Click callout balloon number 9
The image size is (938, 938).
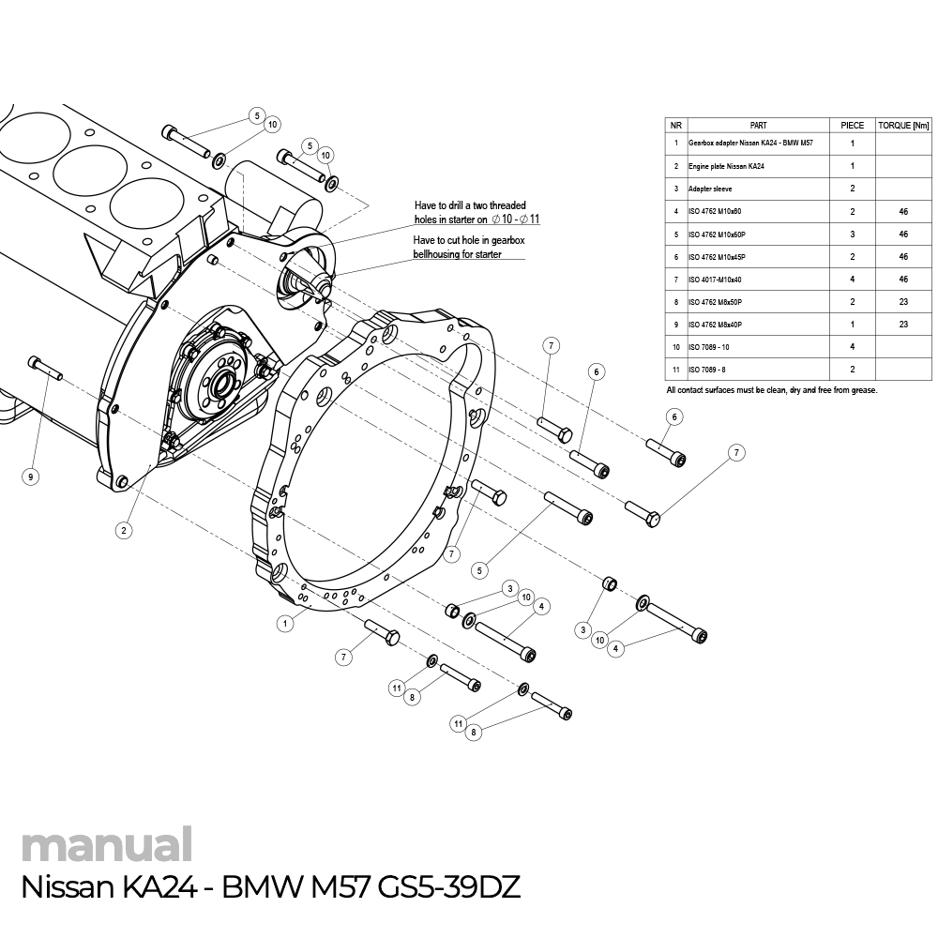point(31,477)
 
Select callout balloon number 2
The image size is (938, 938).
point(123,530)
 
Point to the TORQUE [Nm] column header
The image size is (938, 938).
point(903,125)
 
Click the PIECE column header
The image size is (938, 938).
point(852,125)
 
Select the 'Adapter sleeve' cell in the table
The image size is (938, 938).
point(711,189)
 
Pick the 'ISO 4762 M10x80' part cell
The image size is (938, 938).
point(715,211)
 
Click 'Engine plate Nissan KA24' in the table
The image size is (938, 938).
point(726,166)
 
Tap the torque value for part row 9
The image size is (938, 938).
point(903,324)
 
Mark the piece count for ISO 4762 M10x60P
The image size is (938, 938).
point(852,234)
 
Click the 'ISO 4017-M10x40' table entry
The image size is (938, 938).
point(715,279)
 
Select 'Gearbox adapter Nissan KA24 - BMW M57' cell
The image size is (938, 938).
point(750,144)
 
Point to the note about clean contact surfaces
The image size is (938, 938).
point(771,389)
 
